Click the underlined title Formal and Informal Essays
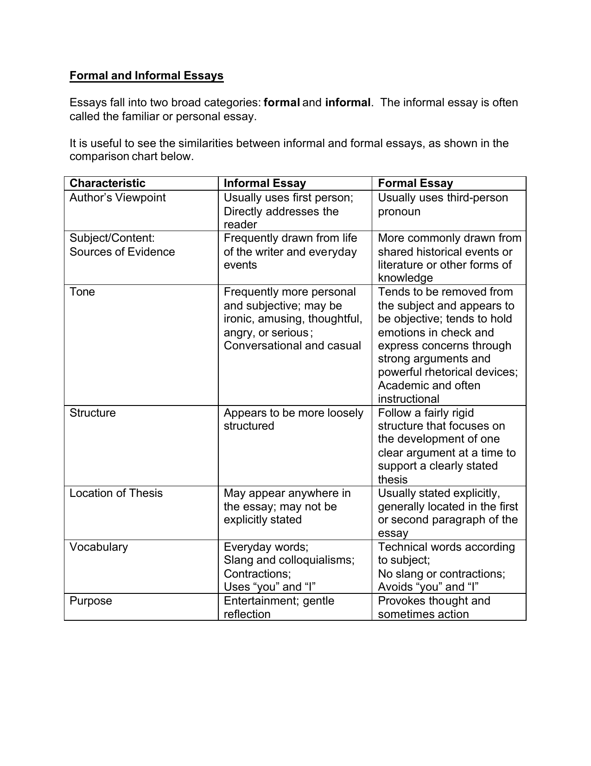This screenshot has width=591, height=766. [x=146, y=76]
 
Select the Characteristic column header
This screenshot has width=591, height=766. [x=107, y=183]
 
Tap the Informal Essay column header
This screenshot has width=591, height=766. [x=265, y=183]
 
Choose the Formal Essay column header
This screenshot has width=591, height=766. [x=415, y=183]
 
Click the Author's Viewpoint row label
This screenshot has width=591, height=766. [x=117, y=198]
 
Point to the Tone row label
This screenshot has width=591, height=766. [x=82, y=292]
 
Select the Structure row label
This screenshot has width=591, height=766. [x=92, y=413]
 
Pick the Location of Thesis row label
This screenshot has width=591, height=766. [x=116, y=493]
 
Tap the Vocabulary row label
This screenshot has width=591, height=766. [x=98, y=547]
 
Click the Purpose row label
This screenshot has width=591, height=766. [x=91, y=601]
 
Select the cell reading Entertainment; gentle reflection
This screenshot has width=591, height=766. [x=279, y=607]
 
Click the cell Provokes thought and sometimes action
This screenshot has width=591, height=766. [x=434, y=607]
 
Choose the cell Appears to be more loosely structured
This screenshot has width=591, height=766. [x=293, y=419]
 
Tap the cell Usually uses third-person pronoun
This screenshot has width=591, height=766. [x=443, y=205]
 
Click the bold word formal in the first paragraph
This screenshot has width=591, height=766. [x=282, y=103]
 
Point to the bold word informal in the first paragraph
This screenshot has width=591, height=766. [x=348, y=103]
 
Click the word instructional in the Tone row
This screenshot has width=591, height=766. [x=408, y=399]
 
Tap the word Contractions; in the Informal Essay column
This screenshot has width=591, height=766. [x=257, y=574]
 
